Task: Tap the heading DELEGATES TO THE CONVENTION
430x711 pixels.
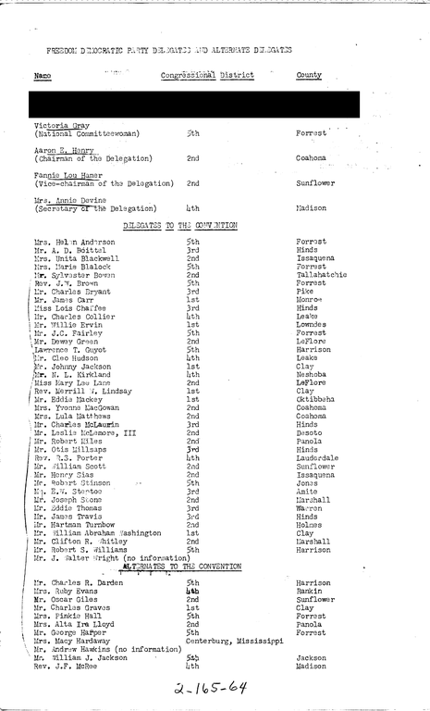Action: pyautogui.click(x=181, y=225)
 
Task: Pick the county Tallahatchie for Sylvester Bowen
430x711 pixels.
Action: pyautogui.click(x=322, y=274)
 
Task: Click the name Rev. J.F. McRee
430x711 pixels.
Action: pyautogui.click(x=67, y=665)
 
